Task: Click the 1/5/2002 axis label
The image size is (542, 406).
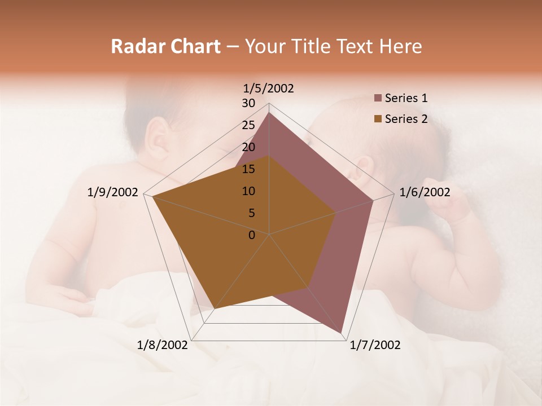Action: (x=269, y=88)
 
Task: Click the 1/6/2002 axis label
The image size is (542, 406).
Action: (x=425, y=192)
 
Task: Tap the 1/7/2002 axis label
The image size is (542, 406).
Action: (x=375, y=345)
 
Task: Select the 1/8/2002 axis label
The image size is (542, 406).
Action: (x=163, y=345)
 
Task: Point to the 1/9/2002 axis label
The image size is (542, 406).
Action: (x=113, y=192)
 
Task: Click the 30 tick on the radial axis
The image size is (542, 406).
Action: (x=248, y=103)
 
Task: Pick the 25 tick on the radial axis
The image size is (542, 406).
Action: (x=248, y=125)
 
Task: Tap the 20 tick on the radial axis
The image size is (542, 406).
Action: (x=248, y=147)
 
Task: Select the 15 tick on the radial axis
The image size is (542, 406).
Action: (x=248, y=169)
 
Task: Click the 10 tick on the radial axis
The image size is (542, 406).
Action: (x=248, y=191)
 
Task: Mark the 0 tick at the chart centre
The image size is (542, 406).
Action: (x=252, y=235)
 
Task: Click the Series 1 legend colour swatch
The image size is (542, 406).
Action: (x=378, y=99)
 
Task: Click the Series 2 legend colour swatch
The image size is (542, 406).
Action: (x=378, y=119)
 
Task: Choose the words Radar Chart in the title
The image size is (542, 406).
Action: (x=165, y=46)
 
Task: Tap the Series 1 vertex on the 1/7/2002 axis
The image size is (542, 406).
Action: (x=341, y=333)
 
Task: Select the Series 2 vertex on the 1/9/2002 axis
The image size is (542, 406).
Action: (x=152, y=197)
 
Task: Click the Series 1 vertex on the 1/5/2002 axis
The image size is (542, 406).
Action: (x=269, y=112)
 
